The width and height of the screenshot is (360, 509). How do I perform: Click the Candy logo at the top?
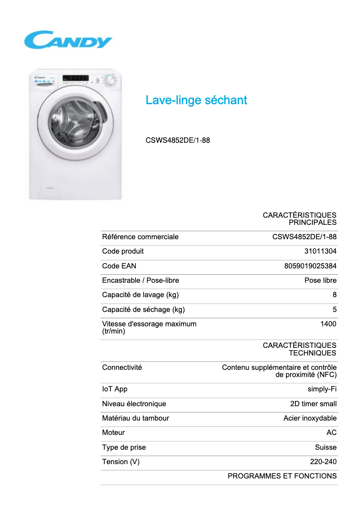(x=68, y=39)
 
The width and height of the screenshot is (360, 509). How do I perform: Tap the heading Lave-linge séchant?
(x=196, y=100)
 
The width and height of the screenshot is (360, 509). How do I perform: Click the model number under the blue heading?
(x=178, y=140)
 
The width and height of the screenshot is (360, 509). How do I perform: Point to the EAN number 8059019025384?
(x=310, y=266)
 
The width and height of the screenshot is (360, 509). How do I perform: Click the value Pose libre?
(x=320, y=281)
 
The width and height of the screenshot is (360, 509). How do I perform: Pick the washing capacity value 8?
(x=334, y=295)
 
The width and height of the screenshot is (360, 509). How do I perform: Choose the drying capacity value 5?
(x=334, y=309)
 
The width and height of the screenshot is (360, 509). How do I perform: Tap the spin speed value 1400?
(x=328, y=324)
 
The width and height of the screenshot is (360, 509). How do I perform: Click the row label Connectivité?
(x=122, y=367)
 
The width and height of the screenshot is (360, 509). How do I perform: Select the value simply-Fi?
(x=322, y=389)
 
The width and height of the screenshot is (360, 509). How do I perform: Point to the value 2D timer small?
(x=313, y=404)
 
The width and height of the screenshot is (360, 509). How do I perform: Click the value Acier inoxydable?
(x=310, y=418)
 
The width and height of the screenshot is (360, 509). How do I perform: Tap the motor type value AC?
(x=331, y=432)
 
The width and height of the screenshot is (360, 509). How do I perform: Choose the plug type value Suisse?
(x=325, y=447)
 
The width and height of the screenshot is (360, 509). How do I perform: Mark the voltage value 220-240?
(x=323, y=461)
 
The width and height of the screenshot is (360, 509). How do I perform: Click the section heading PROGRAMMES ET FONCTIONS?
(x=282, y=476)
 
